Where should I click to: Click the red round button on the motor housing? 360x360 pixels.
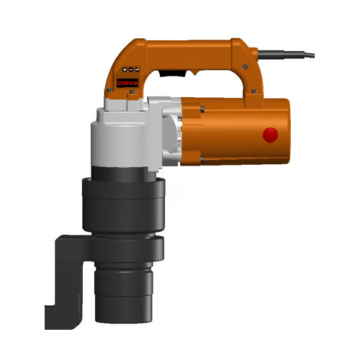(x=271, y=134)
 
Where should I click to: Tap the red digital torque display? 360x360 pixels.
(x=127, y=84)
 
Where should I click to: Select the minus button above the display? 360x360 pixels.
(x=131, y=69)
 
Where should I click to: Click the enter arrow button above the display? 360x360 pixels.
(x=138, y=69)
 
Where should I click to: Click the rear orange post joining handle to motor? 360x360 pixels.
(x=252, y=83)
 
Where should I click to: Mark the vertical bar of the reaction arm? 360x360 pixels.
(x=61, y=274)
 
